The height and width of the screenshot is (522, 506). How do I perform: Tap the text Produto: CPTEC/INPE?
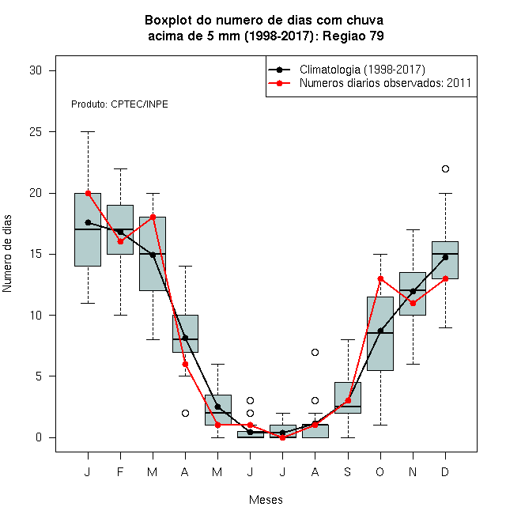[x=119, y=104]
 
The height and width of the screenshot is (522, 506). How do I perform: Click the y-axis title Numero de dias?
[x=7, y=254]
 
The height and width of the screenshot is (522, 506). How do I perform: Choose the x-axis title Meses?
[x=266, y=500]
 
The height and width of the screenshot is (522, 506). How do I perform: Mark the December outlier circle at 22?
[x=445, y=168]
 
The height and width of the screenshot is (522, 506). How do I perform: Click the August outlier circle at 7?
[x=315, y=352]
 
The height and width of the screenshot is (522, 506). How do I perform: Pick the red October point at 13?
[x=380, y=278]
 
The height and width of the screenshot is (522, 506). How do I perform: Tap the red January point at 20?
[x=89, y=193]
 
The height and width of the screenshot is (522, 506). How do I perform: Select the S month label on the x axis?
[x=348, y=471]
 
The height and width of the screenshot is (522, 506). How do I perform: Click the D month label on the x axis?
[x=445, y=471]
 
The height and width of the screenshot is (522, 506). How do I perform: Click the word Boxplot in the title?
[x=168, y=21]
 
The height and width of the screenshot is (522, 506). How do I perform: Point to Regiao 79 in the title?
[x=353, y=36]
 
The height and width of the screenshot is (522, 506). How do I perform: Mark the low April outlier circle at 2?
[x=186, y=413]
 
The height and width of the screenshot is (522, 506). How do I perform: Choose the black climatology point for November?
[x=413, y=291]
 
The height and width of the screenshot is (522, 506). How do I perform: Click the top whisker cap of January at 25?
[x=89, y=132]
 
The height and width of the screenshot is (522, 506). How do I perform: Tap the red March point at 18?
[x=153, y=217]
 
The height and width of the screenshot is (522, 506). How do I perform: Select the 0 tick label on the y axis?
[x=39, y=437]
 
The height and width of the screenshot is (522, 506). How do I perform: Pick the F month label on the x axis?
[x=120, y=471]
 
